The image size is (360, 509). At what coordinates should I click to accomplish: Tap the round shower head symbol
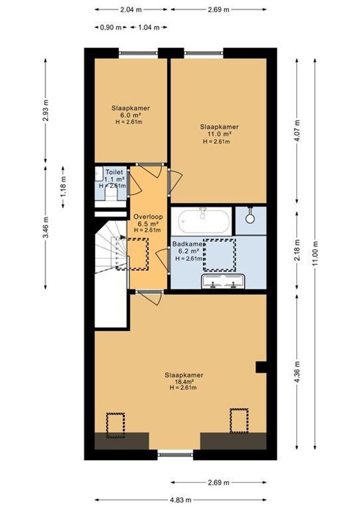pos(250,218)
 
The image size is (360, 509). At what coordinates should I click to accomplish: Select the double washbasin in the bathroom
pos(223,281)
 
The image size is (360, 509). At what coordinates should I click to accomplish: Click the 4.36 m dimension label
pos(297,371)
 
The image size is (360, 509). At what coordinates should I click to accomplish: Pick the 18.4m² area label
pos(184,382)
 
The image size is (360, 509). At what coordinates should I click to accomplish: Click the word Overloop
pos(148,217)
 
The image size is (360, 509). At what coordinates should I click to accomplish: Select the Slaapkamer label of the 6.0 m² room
pos(131,108)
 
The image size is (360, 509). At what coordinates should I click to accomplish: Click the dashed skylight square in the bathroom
pos(220,255)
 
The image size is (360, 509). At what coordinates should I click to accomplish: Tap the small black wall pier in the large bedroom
pos(261,368)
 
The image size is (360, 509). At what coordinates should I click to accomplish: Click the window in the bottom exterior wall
pos(175,455)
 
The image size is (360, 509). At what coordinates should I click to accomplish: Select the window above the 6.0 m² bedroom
pos(138,53)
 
